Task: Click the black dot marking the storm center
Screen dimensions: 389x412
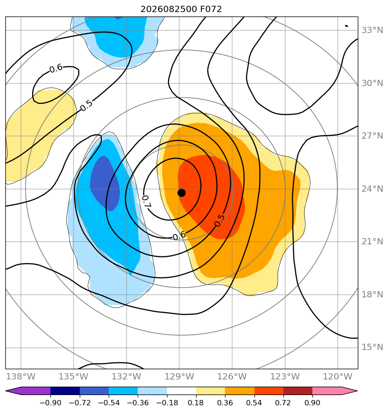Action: pyautogui.click(x=181, y=193)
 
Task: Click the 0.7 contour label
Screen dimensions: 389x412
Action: pyautogui.click(x=146, y=202)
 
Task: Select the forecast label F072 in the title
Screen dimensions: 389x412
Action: pyautogui.click(x=211, y=9)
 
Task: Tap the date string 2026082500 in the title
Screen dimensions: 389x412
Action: pyautogui.click(x=168, y=9)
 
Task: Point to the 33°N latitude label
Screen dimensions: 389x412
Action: pyautogui.click(x=372, y=30)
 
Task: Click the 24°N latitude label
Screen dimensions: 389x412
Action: pyautogui.click(x=372, y=189)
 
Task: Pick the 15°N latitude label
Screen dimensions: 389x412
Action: pyautogui.click(x=372, y=347)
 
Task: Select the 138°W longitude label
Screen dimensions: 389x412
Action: pyautogui.click(x=21, y=377)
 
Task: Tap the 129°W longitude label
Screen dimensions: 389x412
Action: pyautogui.click(x=180, y=377)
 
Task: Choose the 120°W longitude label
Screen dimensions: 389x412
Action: pyautogui.click(x=337, y=377)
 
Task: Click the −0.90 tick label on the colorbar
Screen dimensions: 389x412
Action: pyautogui.click(x=50, y=403)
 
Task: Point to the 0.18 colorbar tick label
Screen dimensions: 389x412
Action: pyautogui.click(x=196, y=403)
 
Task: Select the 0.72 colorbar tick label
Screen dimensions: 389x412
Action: pyautogui.click(x=283, y=403)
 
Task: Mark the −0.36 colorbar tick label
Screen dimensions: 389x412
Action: pyautogui.click(x=138, y=403)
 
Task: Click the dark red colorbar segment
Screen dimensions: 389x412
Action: pyautogui.click(x=298, y=391)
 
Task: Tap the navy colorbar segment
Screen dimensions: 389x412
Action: pyautogui.click(x=65, y=391)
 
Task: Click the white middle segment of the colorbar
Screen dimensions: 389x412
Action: pyautogui.click(x=181, y=391)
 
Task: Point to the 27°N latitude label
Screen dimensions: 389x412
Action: pyautogui.click(x=372, y=136)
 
